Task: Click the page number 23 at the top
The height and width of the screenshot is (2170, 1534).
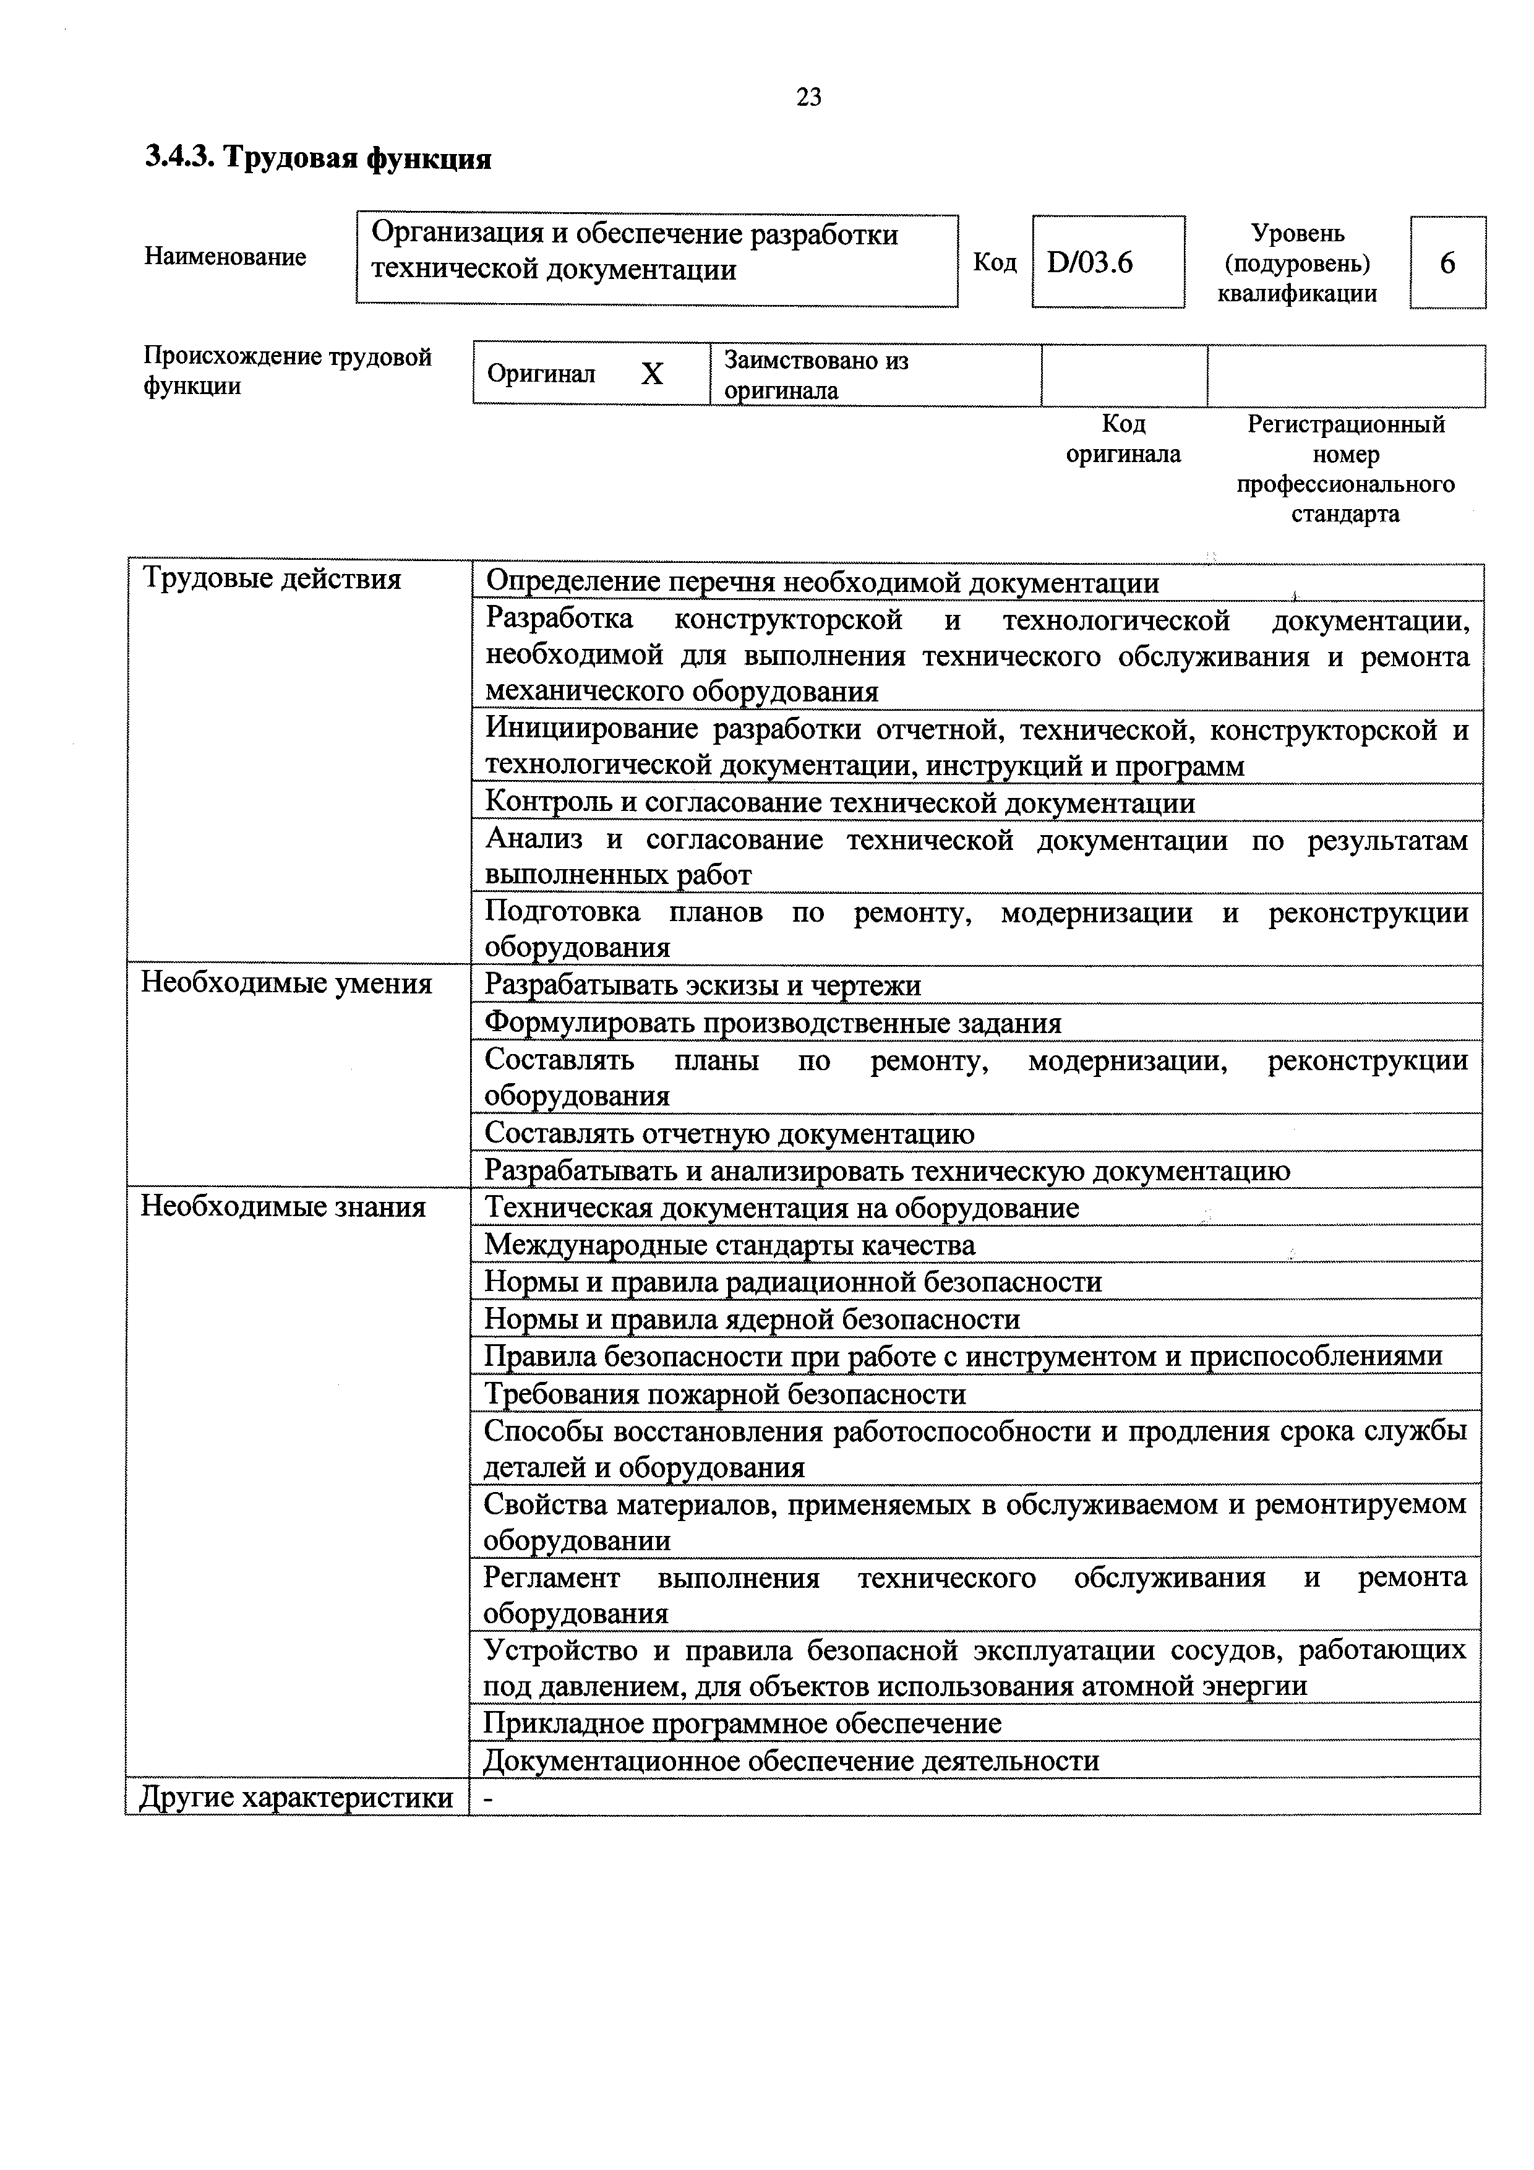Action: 809,97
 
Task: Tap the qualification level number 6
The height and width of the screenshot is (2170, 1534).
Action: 1447,263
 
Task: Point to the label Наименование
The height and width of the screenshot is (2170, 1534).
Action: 225,257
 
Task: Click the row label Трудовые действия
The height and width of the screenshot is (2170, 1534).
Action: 272,578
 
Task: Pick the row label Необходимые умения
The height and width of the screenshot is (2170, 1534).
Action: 286,984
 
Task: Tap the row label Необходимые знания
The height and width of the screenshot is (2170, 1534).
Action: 283,1207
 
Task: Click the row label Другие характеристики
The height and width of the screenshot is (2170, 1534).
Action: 296,1796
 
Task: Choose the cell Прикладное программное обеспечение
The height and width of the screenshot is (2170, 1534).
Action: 742,1723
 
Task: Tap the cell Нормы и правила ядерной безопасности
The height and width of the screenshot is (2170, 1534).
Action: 752,1318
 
